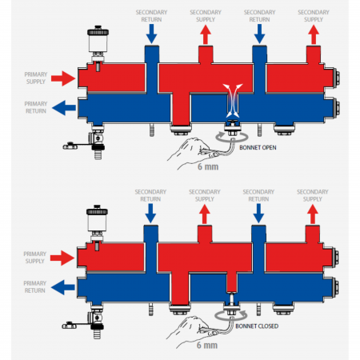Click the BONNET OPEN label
click(258, 147)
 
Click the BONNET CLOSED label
click(257, 326)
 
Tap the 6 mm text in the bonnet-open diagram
click(208, 166)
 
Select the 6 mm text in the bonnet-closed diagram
click(207, 346)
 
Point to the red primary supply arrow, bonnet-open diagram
click(63, 78)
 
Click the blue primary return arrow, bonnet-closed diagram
click(63, 287)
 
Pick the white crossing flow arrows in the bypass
click(233, 101)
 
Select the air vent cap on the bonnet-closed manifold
click(97, 210)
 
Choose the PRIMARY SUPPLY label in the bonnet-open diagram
click(36, 78)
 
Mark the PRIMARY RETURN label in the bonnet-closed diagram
click(35, 286)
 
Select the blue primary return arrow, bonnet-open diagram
click(64, 108)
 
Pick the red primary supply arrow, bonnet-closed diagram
click(62, 258)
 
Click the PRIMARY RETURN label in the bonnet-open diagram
click(36, 107)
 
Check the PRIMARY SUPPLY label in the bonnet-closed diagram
click(35, 258)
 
